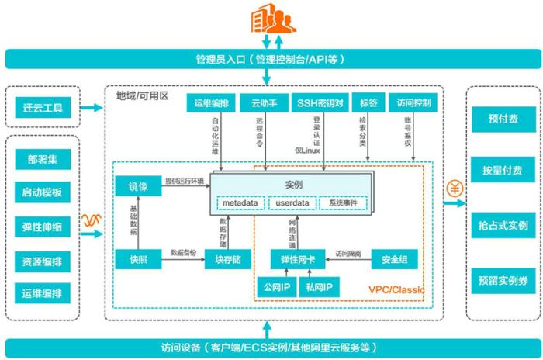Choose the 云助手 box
(264, 102)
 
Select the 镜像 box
(137, 186)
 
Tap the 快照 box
(137, 259)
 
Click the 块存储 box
(227, 259)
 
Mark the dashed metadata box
(240, 203)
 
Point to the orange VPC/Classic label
(395, 290)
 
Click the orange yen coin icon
(455, 188)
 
